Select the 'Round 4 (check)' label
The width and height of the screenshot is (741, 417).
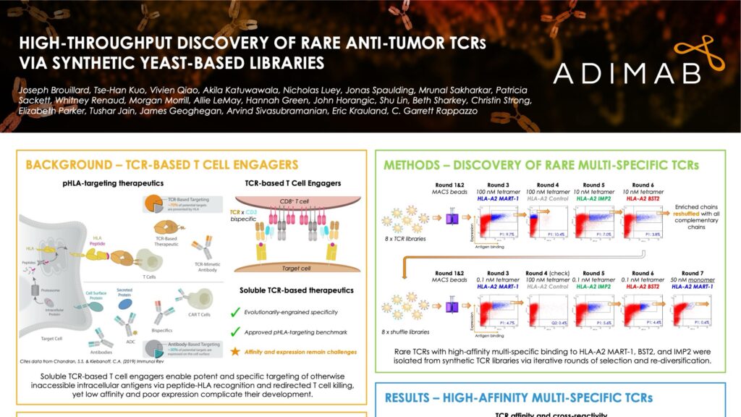pyautogui.click(x=548, y=274)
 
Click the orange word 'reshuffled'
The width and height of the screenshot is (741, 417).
pyautogui.click(x=690, y=214)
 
